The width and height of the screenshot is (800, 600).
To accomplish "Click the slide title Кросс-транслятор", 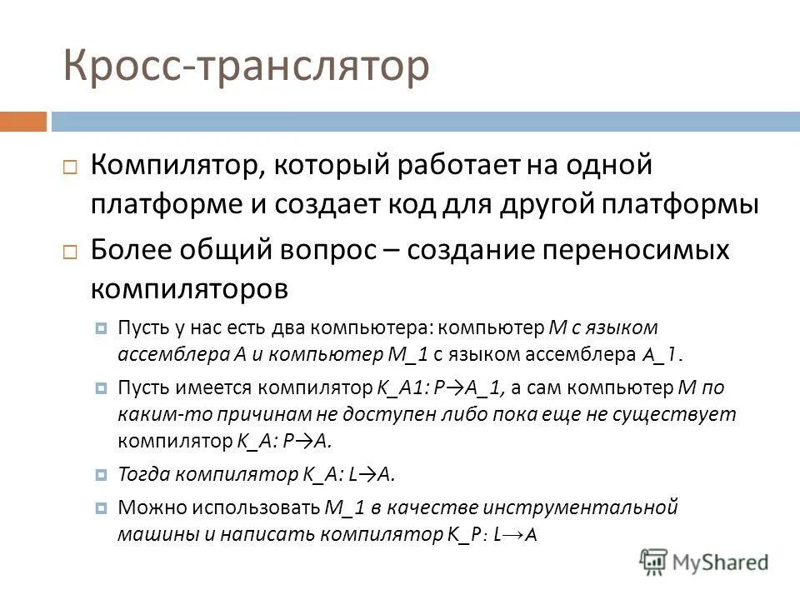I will pyautogui.click(x=246, y=67).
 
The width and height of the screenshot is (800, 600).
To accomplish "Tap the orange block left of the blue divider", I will pyautogui.click(x=23, y=122).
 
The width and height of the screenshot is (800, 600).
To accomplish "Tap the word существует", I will pyautogui.click(x=677, y=414).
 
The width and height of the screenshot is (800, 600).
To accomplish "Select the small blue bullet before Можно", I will pyautogui.click(x=101, y=507).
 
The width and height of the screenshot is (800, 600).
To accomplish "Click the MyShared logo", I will pyautogui.click(x=704, y=560).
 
